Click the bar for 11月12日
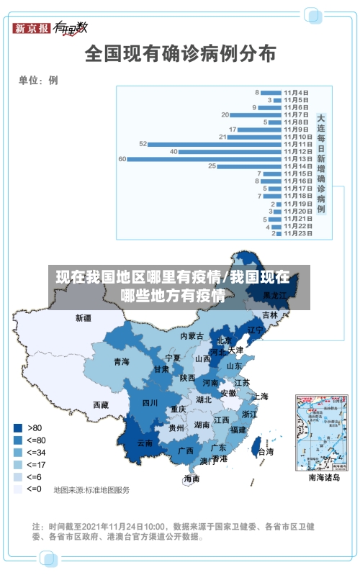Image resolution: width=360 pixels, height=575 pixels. point(230,151)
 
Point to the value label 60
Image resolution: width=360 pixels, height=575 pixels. point(122,158)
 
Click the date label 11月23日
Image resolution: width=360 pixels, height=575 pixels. point(297,233)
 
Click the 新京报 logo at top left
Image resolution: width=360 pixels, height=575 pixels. point(32,28)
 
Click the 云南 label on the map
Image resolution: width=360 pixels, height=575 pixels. point(145,443)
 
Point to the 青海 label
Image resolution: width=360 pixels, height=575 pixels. point(121,362)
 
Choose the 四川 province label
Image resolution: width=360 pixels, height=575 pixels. point(150,403)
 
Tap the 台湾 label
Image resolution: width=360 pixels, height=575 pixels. point(266,452)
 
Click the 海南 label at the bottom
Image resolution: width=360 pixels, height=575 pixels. point(192,479)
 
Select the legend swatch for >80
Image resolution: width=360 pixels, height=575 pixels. point(17,427)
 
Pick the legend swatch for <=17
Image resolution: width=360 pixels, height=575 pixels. point(17,464)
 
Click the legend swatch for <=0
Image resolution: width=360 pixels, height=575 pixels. point(17,489)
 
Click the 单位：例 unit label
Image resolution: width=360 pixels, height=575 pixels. point(38,80)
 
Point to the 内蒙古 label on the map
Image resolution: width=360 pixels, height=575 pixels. point(192,336)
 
